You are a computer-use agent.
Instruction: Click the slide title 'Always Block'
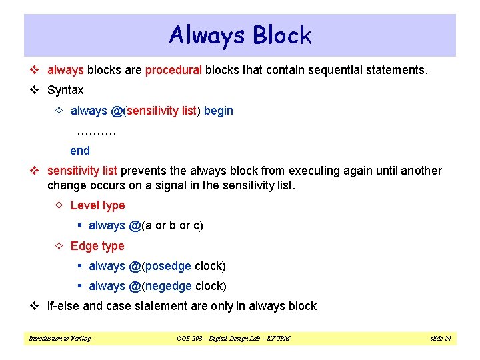click(x=240, y=35)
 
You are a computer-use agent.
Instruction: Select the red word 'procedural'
click(x=173, y=70)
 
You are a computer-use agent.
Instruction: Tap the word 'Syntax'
click(x=65, y=90)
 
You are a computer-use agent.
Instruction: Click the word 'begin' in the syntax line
click(x=219, y=111)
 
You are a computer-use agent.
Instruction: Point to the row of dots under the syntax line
click(x=97, y=131)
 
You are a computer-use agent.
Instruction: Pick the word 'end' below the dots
click(x=80, y=151)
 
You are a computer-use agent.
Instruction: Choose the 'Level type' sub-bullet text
click(x=97, y=205)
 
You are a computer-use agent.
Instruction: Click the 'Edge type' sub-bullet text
click(x=97, y=246)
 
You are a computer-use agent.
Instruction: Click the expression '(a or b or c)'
click(x=173, y=225)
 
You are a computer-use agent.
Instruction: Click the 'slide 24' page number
click(x=440, y=339)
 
